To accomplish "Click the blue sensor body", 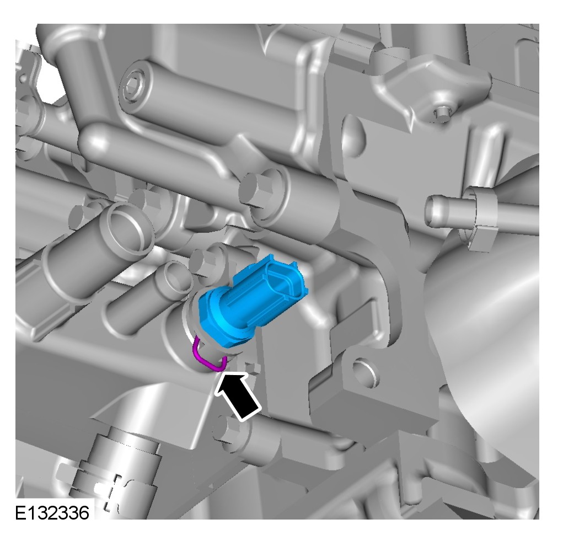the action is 251,302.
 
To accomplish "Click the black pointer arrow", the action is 237,394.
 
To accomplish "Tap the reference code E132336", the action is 52,513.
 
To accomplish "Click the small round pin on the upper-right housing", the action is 442,114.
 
